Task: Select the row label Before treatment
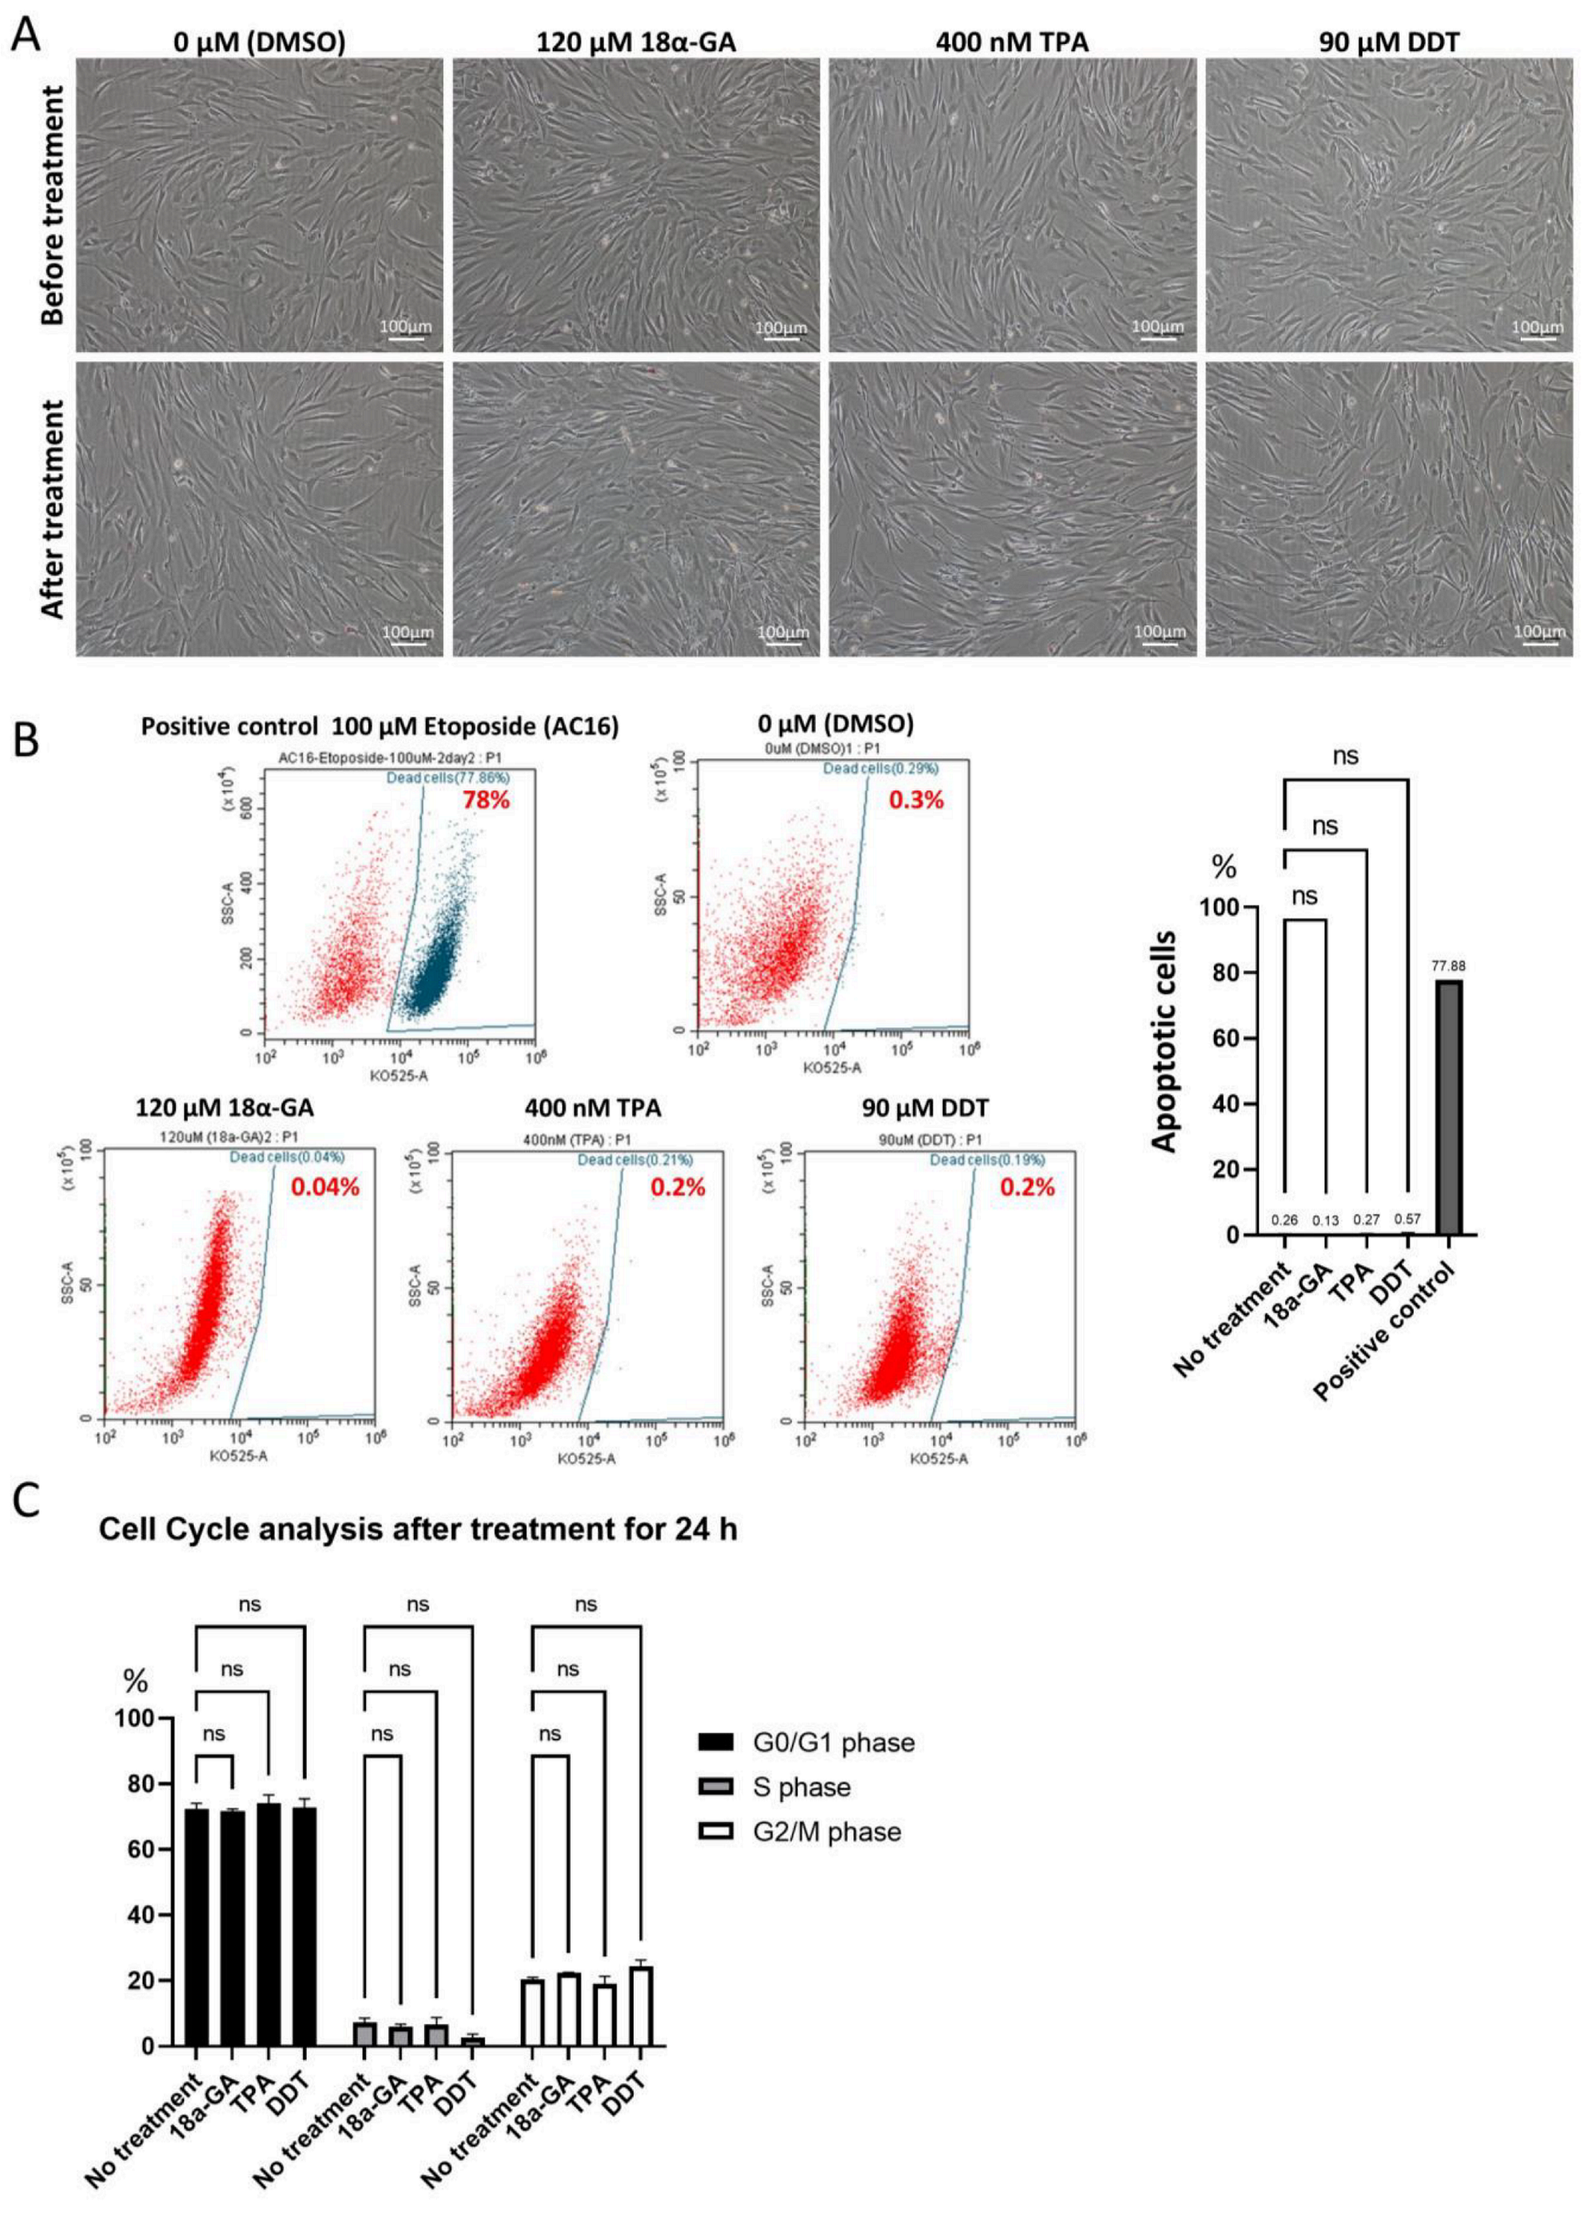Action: pos(53,205)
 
